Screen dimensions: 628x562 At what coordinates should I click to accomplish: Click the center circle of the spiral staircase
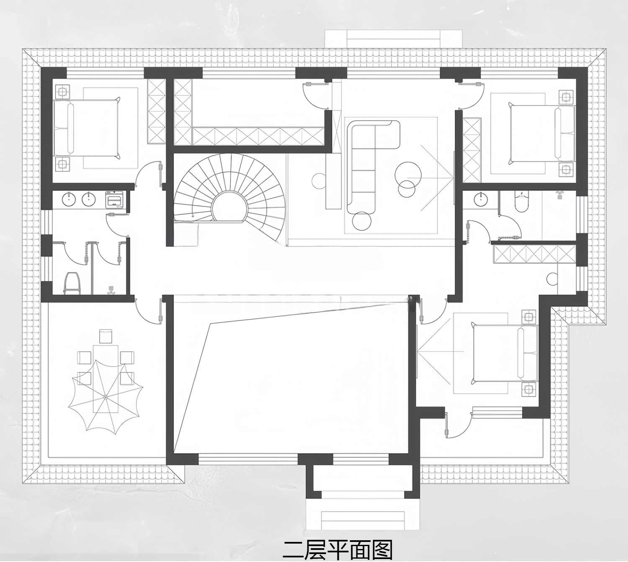(x=229, y=208)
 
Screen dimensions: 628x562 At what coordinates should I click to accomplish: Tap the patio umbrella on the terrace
(x=106, y=397)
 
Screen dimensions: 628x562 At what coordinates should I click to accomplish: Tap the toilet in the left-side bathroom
(x=72, y=283)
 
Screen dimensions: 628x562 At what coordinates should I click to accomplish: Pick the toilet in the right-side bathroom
(x=522, y=202)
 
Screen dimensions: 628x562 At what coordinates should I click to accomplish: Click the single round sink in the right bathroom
(x=481, y=199)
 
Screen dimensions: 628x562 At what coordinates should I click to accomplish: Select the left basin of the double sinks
(x=69, y=199)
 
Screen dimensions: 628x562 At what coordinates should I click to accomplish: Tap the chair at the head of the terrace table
(x=106, y=336)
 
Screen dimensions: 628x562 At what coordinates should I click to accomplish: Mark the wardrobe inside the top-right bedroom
(x=472, y=150)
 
